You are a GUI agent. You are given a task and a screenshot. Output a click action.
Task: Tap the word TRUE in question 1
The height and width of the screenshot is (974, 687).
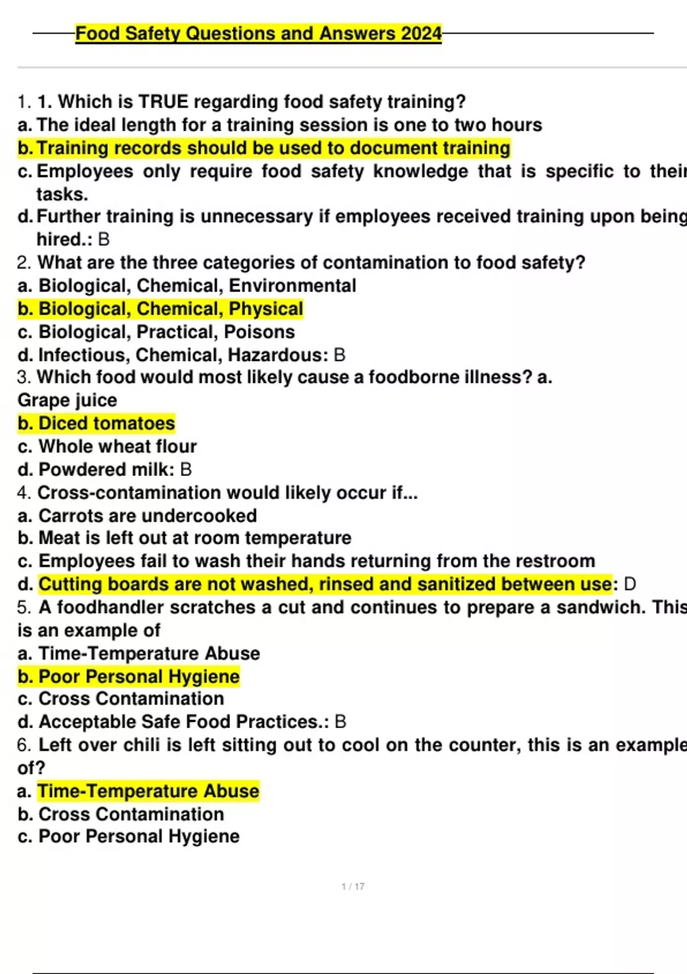click(x=163, y=102)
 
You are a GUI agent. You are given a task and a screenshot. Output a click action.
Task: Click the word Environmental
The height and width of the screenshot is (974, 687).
click(x=292, y=285)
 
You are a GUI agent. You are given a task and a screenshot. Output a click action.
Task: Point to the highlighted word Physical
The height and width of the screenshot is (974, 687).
click(x=266, y=309)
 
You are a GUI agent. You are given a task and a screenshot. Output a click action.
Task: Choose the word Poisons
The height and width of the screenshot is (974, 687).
click(x=259, y=332)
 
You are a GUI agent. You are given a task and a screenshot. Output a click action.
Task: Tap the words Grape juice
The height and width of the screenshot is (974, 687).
click(x=67, y=400)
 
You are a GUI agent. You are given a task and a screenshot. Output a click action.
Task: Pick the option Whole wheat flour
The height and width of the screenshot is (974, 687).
click(x=117, y=446)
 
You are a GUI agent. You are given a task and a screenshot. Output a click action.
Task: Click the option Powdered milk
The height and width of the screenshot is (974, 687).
click(x=105, y=470)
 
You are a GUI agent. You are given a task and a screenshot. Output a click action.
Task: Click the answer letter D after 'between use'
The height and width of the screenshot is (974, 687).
click(x=629, y=584)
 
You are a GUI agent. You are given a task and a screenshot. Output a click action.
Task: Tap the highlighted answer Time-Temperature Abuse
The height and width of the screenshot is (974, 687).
click(x=148, y=791)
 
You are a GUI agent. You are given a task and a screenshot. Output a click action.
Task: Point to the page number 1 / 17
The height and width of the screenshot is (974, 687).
click(x=353, y=886)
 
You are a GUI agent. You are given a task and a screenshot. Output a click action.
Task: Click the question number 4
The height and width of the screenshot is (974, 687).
click(x=23, y=493)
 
